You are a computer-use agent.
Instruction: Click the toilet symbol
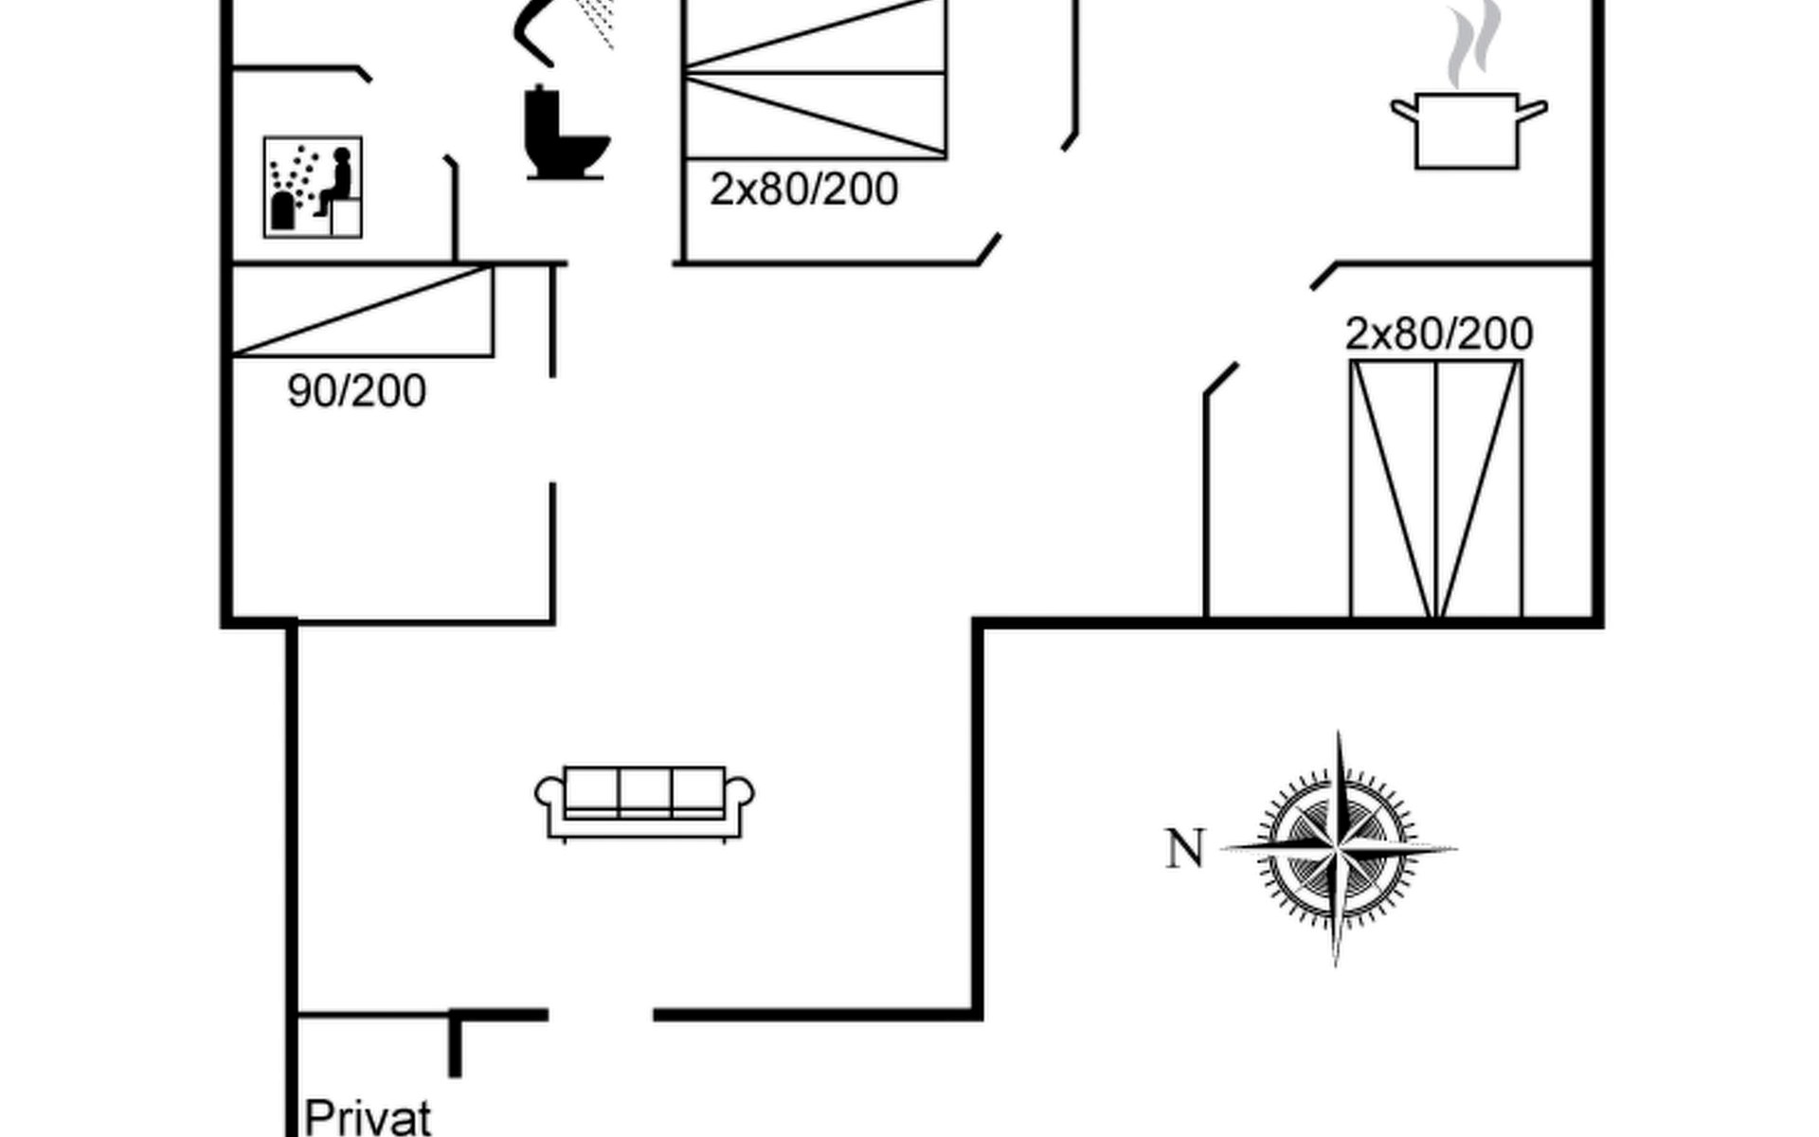(x=565, y=135)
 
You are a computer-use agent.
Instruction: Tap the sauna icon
(x=313, y=187)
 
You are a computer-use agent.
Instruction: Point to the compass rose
(x=1338, y=849)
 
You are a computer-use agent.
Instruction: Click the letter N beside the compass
(x=1184, y=849)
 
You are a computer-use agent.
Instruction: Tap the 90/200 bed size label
(x=356, y=390)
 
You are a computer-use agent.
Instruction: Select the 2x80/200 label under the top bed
(x=803, y=189)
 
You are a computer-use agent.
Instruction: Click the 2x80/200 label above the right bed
(x=1438, y=334)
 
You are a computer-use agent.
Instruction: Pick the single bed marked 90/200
(x=362, y=312)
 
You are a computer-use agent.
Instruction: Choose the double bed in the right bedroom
(x=1436, y=488)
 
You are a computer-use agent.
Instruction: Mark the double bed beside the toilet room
(x=815, y=81)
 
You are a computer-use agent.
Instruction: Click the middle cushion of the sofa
(x=645, y=790)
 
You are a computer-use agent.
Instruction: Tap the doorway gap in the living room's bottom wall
(x=601, y=1015)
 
